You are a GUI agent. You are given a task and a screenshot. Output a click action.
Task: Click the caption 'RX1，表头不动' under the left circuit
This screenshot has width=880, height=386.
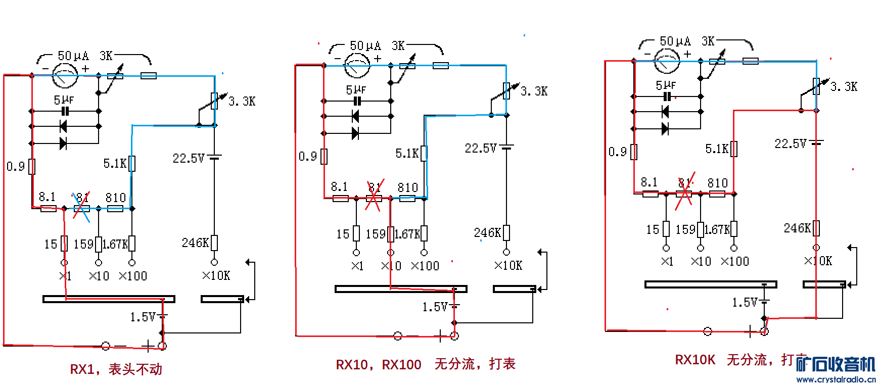(x=116, y=369)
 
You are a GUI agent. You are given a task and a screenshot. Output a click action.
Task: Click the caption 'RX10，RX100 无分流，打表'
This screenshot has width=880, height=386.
(x=425, y=364)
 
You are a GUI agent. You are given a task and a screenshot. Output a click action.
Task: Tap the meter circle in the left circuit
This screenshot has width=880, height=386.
(x=66, y=76)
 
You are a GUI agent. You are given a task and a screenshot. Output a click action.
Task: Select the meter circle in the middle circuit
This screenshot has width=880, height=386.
(x=357, y=66)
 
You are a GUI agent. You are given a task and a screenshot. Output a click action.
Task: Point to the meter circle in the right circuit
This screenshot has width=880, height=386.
(x=667, y=61)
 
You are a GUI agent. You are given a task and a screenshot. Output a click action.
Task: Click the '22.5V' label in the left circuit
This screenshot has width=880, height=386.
(x=188, y=159)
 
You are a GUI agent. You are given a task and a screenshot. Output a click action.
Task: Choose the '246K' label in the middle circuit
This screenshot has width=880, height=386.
(x=487, y=233)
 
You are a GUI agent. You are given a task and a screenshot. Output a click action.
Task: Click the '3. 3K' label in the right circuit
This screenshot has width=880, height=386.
(x=844, y=86)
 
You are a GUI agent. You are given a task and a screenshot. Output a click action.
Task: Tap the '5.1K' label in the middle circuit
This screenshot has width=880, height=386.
(x=407, y=153)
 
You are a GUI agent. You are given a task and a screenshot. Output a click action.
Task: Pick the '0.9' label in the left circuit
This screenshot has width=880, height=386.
(x=16, y=166)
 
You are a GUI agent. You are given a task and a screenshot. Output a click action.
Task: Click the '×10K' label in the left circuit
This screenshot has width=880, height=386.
(x=216, y=276)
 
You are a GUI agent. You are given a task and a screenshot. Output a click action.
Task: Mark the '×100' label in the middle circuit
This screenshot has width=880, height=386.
(x=425, y=266)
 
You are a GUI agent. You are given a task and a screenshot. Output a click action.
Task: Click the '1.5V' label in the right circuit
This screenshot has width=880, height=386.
(x=744, y=303)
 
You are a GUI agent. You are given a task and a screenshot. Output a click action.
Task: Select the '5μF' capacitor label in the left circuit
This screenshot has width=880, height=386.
(x=64, y=100)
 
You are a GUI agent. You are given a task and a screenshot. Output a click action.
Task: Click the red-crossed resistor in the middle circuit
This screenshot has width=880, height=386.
(x=374, y=198)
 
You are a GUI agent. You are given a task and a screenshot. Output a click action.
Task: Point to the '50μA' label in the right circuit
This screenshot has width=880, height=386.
(x=675, y=41)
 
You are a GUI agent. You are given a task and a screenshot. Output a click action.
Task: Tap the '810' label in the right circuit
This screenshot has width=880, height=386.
(x=717, y=183)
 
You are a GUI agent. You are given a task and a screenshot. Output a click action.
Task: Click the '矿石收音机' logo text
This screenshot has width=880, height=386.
(x=836, y=364)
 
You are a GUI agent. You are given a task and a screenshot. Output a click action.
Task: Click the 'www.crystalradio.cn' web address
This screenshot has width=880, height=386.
(x=836, y=379)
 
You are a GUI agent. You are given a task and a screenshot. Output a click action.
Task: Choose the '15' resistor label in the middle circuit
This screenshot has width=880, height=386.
(x=343, y=234)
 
